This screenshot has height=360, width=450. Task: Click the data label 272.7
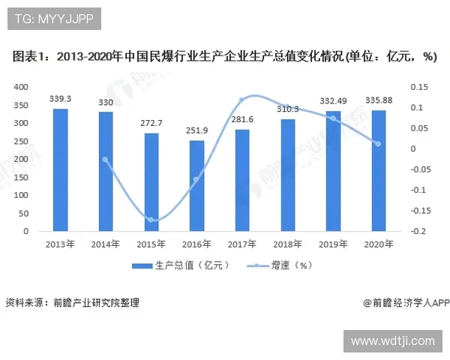click(151, 122)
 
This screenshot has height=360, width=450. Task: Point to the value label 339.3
click(60, 98)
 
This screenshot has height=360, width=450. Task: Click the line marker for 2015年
click(151, 220)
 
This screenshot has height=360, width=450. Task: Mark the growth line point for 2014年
click(106, 159)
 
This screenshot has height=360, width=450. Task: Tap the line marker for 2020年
click(378, 144)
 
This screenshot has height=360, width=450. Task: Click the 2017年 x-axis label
click(241, 244)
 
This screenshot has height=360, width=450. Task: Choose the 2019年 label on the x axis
click(332, 244)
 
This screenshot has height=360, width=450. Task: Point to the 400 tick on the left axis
click(21, 87)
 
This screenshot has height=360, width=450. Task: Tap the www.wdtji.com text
click(392, 340)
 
